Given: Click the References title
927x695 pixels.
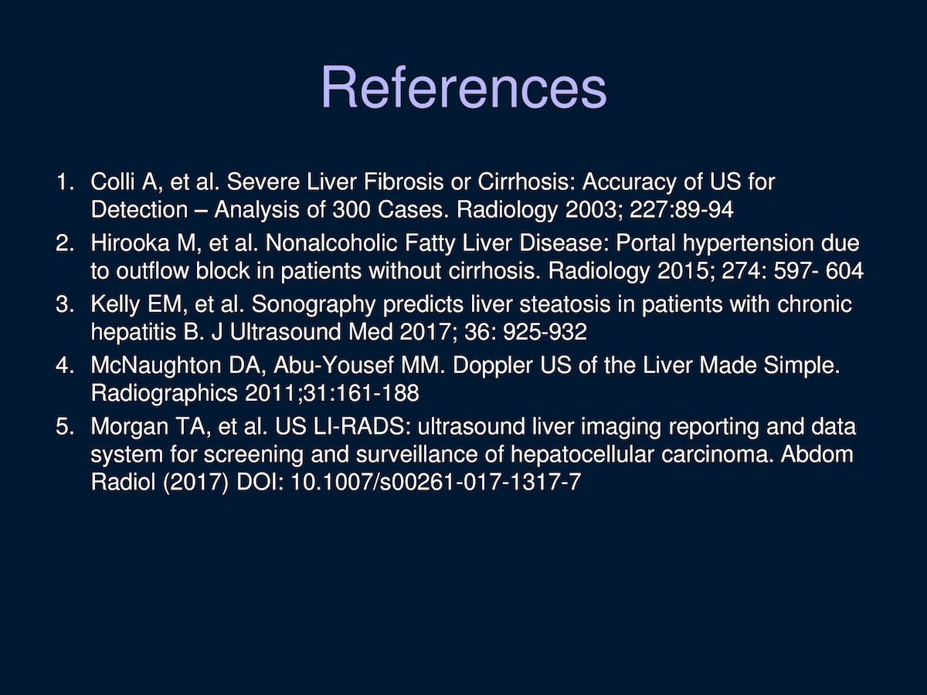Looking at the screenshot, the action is [x=463, y=87].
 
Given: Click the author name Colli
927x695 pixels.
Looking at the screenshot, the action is [x=112, y=182].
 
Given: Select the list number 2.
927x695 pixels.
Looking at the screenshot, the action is [x=65, y=243].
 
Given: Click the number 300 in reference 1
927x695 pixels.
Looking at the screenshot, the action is [x=351, y=210].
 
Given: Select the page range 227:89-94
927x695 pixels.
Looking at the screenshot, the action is [x=681, y=210].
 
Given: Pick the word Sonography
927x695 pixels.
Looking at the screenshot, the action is [x=314, y=305].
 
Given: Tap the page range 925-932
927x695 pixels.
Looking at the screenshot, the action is [x=545, y=332].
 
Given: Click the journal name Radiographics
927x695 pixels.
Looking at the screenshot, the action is [x=165, y=393].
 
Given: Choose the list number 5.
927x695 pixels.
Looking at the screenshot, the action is [x=65, y=426].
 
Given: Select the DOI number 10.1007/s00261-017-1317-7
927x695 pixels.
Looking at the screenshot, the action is [x=436, y=482].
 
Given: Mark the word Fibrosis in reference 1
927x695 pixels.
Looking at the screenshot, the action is [x=403, y=182].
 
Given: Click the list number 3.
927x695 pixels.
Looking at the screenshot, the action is [x=65, y=304].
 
